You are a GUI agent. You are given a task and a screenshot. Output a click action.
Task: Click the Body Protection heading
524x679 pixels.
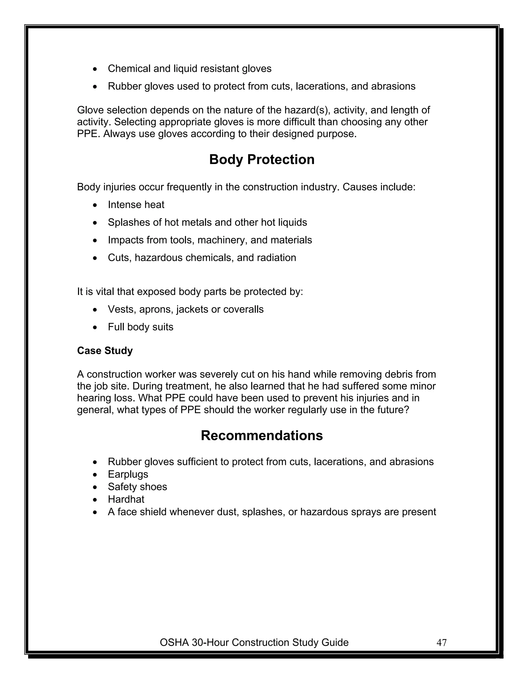pos(262,159)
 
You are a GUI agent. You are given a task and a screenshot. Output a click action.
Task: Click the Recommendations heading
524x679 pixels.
pos(262,436)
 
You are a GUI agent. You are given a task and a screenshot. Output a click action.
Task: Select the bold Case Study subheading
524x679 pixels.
pos(105,351)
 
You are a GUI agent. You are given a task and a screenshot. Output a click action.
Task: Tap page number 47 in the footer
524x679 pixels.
pos(441,643)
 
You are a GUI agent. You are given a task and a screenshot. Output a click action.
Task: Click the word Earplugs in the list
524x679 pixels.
pos(128,474)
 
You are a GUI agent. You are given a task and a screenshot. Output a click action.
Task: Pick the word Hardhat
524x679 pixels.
pos(126,499)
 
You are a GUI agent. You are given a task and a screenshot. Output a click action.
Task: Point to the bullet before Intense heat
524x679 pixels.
pos(95,205)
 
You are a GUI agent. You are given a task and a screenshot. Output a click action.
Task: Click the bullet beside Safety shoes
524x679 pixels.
pos(95,487)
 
